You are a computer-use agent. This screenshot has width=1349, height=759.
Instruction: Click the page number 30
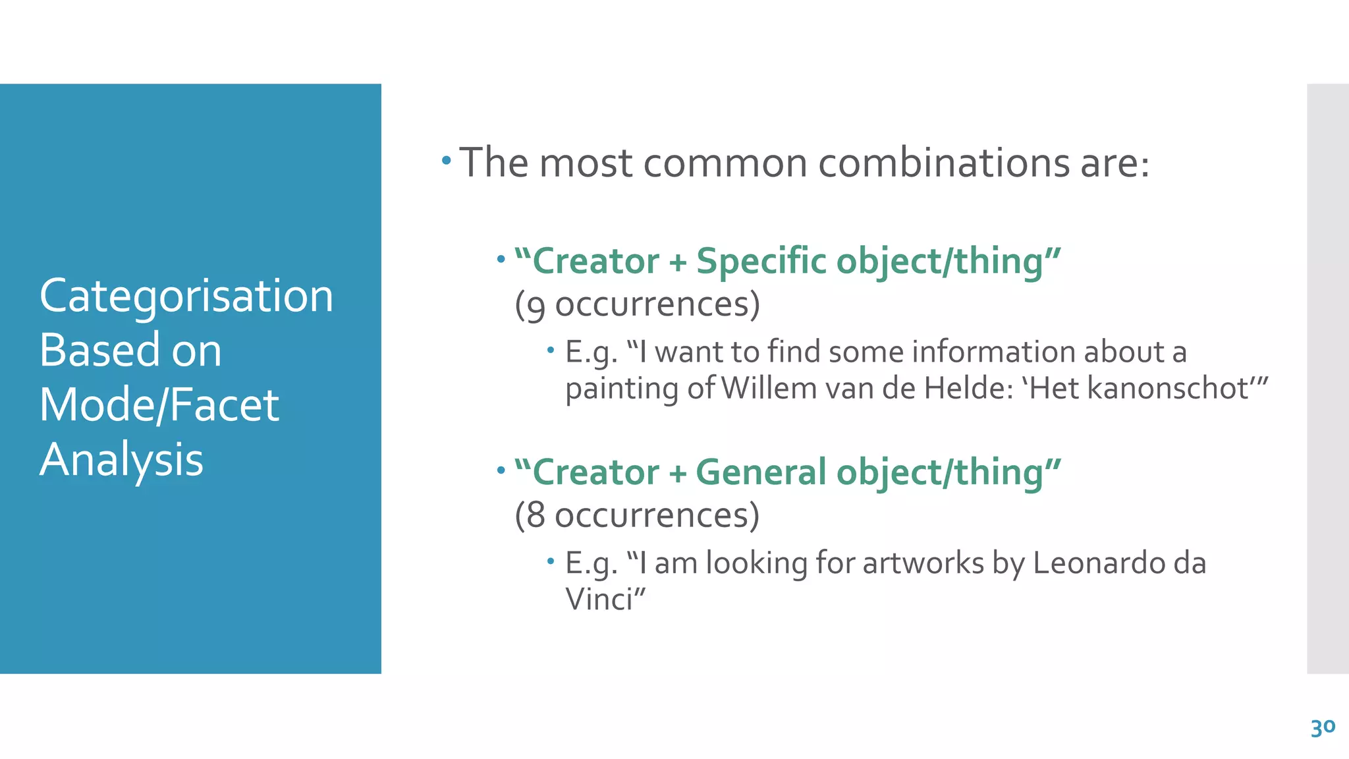(x=1323, y=728)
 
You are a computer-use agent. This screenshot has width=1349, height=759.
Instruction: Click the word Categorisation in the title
(x=186, y=296)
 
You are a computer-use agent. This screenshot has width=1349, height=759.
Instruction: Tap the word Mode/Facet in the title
(x=159, y=405)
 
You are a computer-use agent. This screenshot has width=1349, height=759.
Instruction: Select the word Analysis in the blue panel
(x=121, y=459)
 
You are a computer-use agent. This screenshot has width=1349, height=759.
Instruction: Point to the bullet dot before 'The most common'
(x=447, y=160)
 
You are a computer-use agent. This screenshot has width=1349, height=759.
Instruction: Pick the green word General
(x=761, y=472)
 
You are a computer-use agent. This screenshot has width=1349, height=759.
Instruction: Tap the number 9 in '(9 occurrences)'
(x=536, y=306)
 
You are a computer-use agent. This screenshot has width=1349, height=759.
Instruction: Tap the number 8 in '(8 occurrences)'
(x=536, y=515)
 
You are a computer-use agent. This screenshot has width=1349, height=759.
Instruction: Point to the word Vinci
(x=599, y=600)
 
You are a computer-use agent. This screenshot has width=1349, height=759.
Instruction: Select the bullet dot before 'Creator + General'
(x=501, y=470)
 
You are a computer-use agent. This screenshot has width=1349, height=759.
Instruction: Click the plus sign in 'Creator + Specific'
(x=678, y=262)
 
